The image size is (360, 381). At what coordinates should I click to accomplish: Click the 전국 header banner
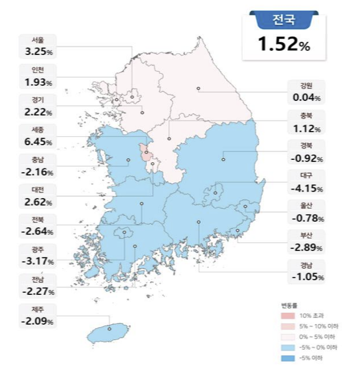tap(283, 21)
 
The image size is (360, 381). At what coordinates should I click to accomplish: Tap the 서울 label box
tap(38, 46)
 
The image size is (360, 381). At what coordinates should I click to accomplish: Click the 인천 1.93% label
tap(38, 76)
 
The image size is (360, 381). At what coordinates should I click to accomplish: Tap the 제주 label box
tap(38, 315)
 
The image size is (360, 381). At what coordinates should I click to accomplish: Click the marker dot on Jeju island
tap(109, 329)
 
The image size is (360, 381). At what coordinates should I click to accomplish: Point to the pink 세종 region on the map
tap(146, 153)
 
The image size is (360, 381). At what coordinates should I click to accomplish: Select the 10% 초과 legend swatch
tap(287, 315)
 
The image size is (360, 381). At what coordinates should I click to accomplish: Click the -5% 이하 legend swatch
tap(287, 358)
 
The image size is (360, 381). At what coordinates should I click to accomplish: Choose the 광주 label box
tap(38, 255)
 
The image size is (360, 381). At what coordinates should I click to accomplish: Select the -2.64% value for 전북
tap(38, 231)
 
